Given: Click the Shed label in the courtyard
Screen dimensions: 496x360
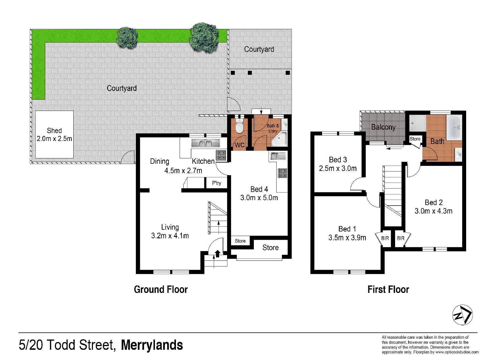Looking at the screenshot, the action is [x=54, y=131].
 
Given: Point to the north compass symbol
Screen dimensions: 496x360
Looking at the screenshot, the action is [x=462, y=315].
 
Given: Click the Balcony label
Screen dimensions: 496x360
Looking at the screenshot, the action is [x=383, y=127].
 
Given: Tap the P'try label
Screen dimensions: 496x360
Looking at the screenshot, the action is [x=217, y=183].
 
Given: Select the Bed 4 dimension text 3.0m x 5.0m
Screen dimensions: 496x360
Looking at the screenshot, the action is [x=259, y=198].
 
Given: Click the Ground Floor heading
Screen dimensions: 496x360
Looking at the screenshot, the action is [x=161, y=289].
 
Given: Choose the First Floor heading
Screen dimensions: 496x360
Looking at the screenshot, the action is [x=388, y=289].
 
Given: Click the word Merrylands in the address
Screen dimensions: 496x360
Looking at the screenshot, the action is [x=152, y=345].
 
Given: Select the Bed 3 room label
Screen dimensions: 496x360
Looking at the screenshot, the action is [x=338, y=160].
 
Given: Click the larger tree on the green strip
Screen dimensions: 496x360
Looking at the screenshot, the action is [x=204, y=37].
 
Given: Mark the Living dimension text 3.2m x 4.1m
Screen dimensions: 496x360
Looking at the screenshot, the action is [x=170, y=236].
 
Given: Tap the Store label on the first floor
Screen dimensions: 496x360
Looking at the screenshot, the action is [x=415, y=139].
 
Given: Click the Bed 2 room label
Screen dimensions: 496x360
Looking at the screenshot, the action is [x=433, y=202].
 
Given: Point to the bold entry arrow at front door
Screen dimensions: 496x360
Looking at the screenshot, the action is [x=218, y=253].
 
